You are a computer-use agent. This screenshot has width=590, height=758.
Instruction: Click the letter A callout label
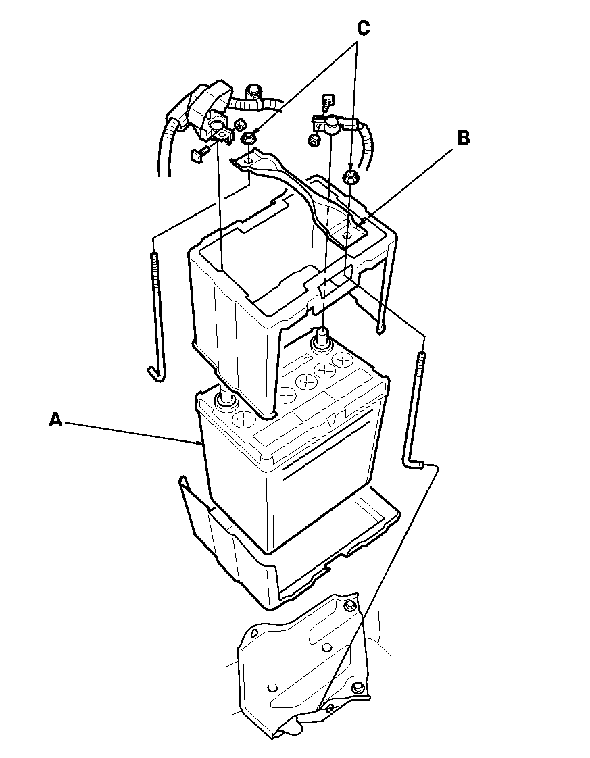pyautogui.click(x=56, y=420)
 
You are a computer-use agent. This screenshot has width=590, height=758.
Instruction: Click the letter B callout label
pyautogui.click(x=463, y=138)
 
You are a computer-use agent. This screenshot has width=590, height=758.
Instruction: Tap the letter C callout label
pyautogui.click(x=363, y=28)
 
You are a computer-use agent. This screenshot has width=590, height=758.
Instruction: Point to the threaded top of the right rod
pyautogui.click(x=420, y=368)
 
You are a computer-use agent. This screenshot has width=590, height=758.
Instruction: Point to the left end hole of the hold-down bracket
pyautogui.click(x=248, y=159)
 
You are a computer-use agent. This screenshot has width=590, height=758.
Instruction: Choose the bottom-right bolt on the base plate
pyautogui.click(x=358, y=687)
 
